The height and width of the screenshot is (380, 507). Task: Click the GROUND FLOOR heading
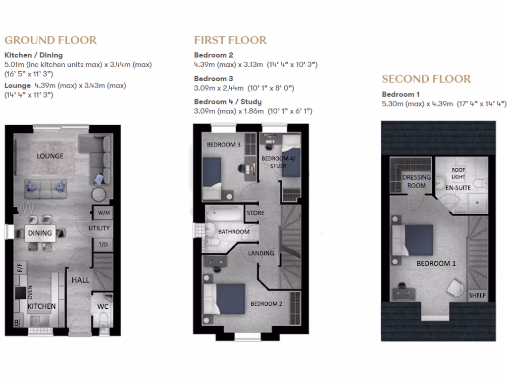(51, 40)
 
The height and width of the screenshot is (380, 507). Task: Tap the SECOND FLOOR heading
(426, 79)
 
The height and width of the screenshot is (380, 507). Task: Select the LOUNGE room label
(50, 156)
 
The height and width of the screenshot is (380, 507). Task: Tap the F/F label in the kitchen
(20, 269)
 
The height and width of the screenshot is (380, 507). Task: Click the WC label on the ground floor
(102, 306)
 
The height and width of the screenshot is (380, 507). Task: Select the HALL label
(81, 280)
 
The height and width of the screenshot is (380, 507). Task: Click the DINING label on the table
(40, 233)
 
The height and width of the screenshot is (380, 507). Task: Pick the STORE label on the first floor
(255, 213)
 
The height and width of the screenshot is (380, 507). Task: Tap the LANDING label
(261, 253)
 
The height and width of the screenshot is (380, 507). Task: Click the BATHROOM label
(234, 232)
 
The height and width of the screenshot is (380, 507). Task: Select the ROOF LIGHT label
(458, 173)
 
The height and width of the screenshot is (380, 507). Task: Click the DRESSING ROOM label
(416, 181)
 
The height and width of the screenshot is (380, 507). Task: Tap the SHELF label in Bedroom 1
(477, 295)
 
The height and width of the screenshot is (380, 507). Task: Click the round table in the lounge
(99, 194)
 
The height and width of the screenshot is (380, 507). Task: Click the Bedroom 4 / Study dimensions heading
(228, 101)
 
